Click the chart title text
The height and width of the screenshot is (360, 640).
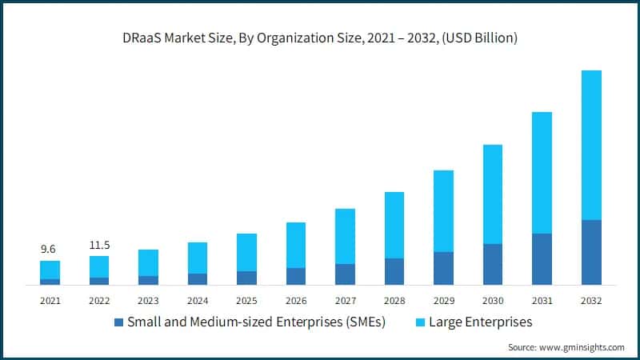tap(320, 38)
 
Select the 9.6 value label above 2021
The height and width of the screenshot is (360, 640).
tap(50, 250)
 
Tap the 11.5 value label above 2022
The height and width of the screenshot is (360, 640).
tap(99, 245)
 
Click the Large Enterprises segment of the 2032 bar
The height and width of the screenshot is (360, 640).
tap(591, 145)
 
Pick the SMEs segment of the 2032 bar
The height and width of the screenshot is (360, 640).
tap(591, 252)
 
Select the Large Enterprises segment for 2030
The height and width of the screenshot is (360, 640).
tap(493, 194)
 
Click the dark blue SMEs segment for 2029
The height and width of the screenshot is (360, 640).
tap(443, 268)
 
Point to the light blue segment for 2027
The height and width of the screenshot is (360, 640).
tap(345, 236)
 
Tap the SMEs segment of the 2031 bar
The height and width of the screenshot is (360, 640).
tap(542, 258)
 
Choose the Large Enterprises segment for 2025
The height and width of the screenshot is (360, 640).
tap(246, 252)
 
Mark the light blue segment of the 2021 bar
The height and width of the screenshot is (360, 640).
tap(50, 270)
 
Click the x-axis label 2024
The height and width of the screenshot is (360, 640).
tap(198, 301)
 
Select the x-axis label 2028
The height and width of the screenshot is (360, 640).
tap(394, 301)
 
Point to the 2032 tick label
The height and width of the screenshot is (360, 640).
tap(591, 301)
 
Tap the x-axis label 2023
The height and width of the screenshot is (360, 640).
tap(148, 301)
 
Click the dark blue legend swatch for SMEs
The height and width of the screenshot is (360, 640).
tap(119, 323)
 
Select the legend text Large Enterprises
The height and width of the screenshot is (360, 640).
tap(481, 322)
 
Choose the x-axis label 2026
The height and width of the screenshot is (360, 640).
tap(296, 301)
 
